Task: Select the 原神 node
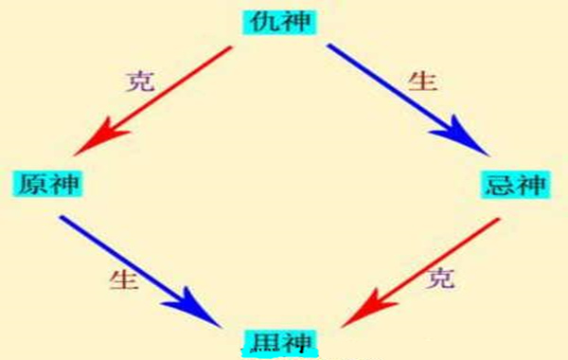click(46, 182)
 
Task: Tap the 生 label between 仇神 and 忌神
click(421, 80)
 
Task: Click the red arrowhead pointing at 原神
click(91, 143)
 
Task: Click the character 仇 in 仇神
click(268, 21)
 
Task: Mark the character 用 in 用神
click(267, 340)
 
